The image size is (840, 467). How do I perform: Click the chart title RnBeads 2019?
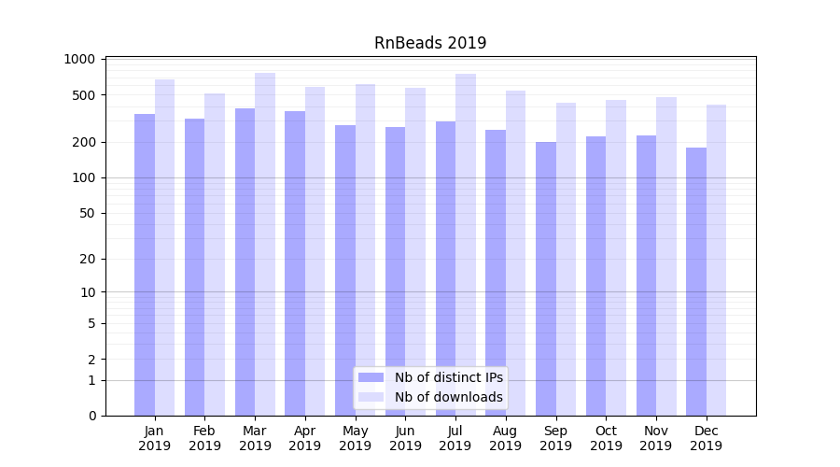[x=430, y=43]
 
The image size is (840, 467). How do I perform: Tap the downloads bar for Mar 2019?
[x=265, y=244]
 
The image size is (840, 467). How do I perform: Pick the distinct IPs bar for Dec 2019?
[x=696, y=281]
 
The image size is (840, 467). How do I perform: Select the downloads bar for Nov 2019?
[x=666, y=256]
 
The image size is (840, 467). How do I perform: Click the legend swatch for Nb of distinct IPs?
[x=371, y=377]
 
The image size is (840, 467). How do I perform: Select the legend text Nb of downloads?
[x=449, y=397]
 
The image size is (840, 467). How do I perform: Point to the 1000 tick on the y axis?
[x=79, y=59]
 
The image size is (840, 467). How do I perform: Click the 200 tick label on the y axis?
[x=83, y=142]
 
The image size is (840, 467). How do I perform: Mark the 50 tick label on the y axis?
[x=87, y=213]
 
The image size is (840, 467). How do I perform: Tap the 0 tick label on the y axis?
[x=91, y=416]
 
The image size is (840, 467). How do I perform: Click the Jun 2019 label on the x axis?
[x=405, y=438]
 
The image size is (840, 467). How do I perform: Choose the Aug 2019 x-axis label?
[x=506, y=438]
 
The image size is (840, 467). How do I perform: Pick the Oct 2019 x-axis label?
[x=606, y=438]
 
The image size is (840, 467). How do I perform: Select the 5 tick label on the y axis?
[x=91, y=323]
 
